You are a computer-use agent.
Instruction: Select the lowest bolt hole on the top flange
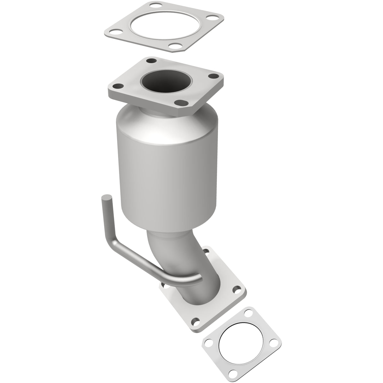180,102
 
